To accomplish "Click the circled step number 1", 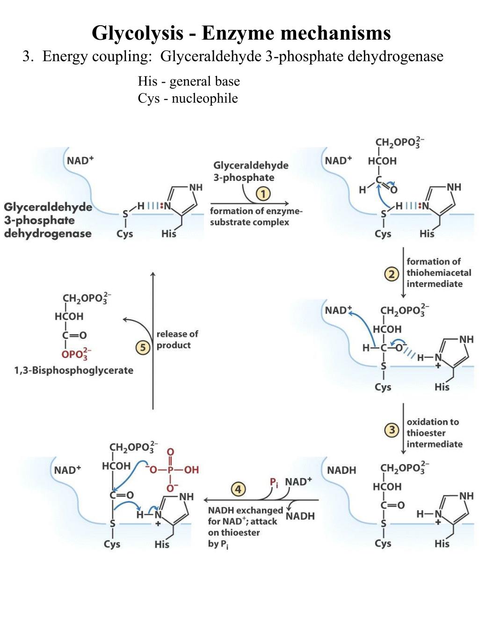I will tap(263, 194).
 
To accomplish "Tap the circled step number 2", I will tap(392, 274).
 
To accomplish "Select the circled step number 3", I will tap(392, 430).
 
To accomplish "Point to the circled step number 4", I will tap(238, 489).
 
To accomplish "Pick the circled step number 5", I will tap(143, 347).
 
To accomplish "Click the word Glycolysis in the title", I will tap(137, 33).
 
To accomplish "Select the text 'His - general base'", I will tap(189, 81).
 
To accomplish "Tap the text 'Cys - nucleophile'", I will tap(188, 99).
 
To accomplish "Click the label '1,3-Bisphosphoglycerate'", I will tap(73, 371).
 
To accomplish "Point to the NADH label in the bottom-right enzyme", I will tap(341, 470).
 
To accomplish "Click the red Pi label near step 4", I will tap(274, 482).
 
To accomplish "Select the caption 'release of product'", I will tap(177, 340).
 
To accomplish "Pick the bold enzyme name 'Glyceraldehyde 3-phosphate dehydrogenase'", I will tap(48, 220).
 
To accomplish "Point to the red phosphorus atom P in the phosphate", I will tap(170, 470).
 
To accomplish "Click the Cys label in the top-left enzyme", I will tap(124, 234).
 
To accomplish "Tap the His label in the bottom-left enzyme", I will tap(162, 544).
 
